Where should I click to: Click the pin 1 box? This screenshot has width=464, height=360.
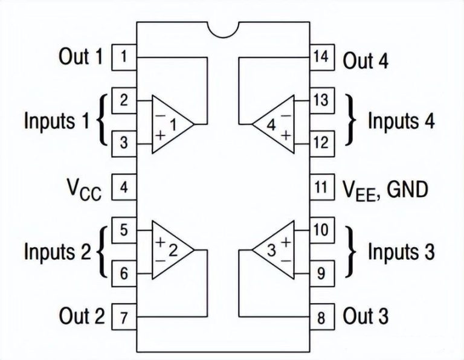(x=123, y=57)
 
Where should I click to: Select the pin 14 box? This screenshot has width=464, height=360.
(x=321, y=57)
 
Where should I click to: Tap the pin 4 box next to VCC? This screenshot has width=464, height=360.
(x=123, y=187)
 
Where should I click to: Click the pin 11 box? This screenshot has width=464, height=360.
(x=321, y=187)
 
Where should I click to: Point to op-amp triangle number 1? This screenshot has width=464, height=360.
(x=170, y=124)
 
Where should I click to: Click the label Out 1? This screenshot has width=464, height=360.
(x=81, y=57)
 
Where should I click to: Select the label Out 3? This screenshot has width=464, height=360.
(x=366, y=317)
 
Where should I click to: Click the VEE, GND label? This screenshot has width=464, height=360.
(x=385, y=190)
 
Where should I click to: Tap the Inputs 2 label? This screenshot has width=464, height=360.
(x=57, y=251)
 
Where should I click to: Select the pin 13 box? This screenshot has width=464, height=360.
(x=321, y=99)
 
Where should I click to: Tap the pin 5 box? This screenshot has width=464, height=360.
(x=123, y=230)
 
